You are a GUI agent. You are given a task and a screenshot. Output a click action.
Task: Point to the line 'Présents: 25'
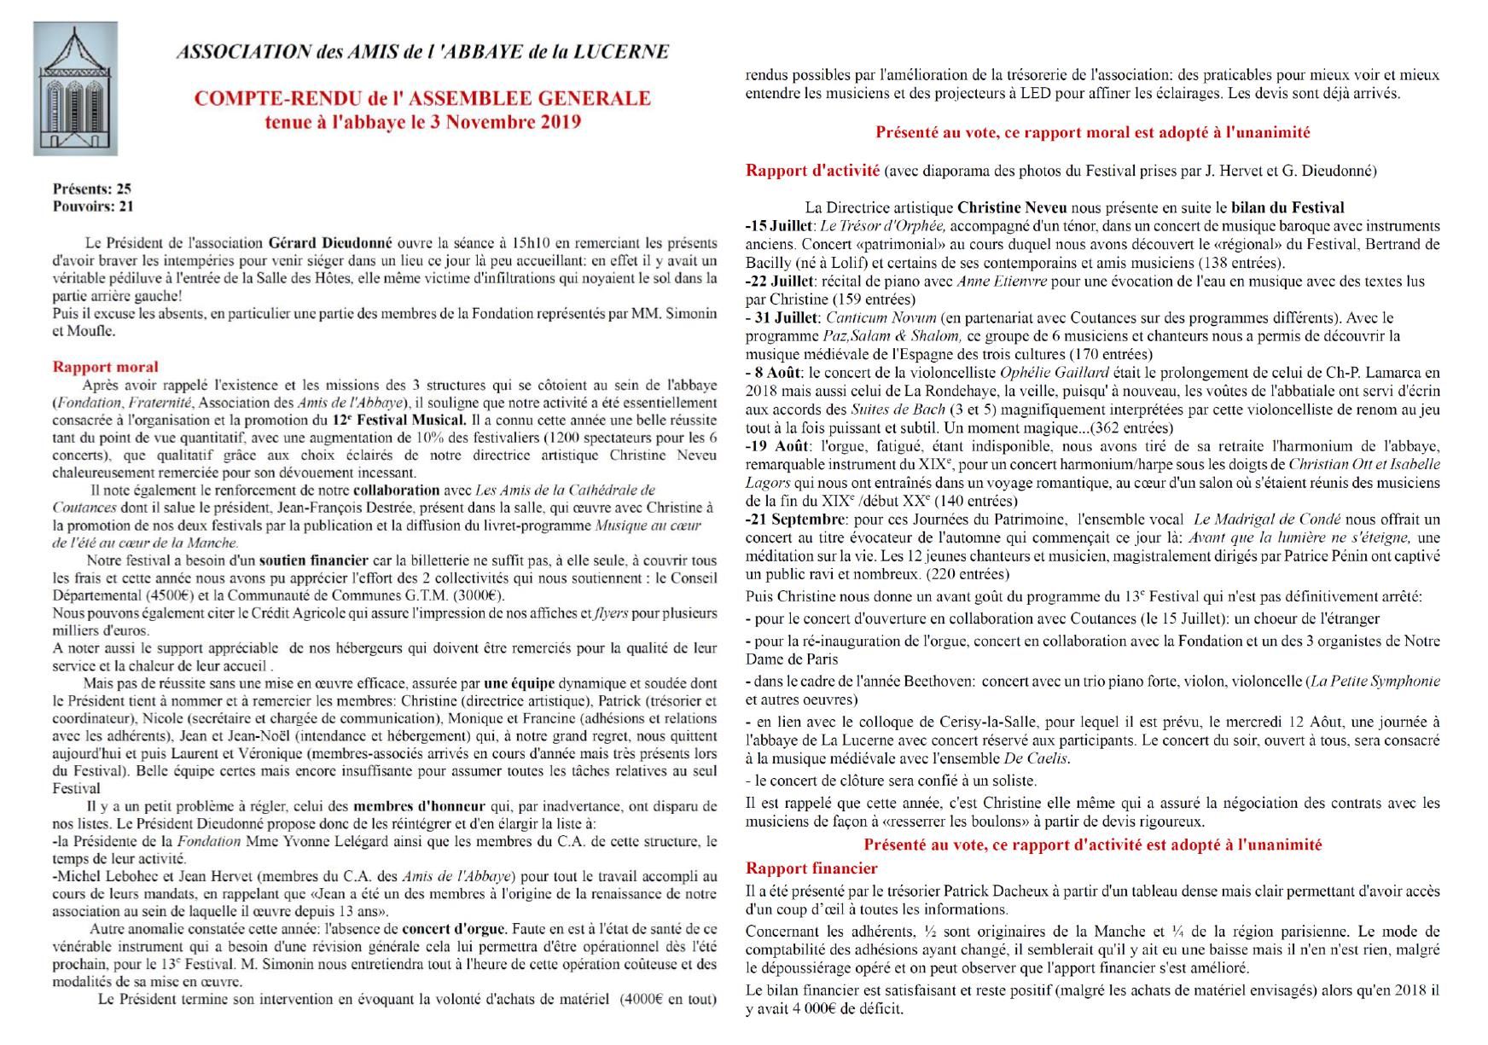click(x=92, y=189)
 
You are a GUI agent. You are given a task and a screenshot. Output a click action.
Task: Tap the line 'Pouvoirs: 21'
click(x=93, y=206)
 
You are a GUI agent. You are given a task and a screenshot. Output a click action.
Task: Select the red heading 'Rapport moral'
click(x=106, y=367)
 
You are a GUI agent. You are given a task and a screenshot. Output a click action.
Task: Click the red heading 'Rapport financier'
click(x=811, y=868)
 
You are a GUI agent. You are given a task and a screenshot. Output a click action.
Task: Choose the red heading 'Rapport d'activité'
click(x=812, y=170)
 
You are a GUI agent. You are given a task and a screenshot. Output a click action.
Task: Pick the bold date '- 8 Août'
click(x=773, y=372)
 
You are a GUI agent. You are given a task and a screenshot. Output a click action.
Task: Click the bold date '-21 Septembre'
click(x=793, y=519)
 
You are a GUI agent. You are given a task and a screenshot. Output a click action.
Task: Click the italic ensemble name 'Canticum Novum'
click(x=871, y=317)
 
